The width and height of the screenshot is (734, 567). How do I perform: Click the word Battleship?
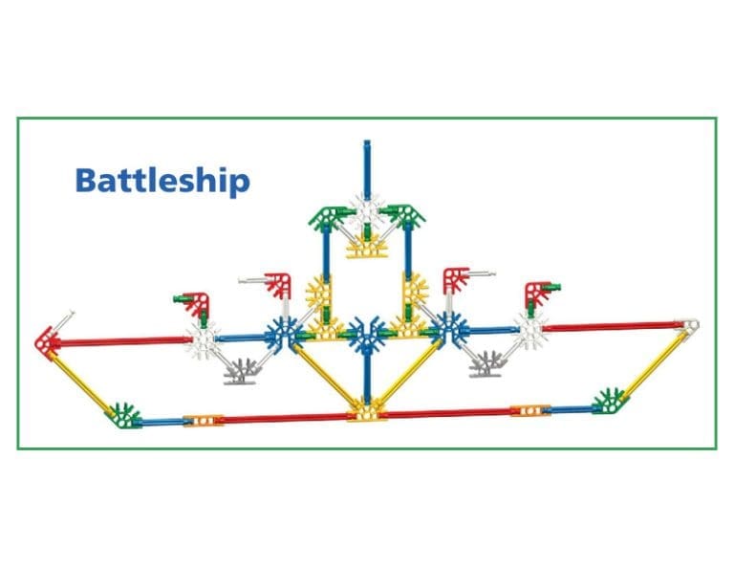coord(162,180)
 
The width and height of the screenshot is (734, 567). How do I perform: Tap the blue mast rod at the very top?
coord(365,168)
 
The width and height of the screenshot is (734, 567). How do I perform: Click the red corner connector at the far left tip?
coord(46,339)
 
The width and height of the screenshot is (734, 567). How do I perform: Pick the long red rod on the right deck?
coord(612,328)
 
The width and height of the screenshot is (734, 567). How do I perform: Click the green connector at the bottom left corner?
coord(123,415)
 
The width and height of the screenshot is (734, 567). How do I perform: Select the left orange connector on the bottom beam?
coord(203,420)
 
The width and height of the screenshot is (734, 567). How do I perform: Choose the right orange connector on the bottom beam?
coord(527,411)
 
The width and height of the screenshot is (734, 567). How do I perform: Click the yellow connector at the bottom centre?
coord(365,411)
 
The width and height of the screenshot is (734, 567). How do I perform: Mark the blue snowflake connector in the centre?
coord(365,335)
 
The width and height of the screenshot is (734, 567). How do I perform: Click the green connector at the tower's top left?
coord(324,216)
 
